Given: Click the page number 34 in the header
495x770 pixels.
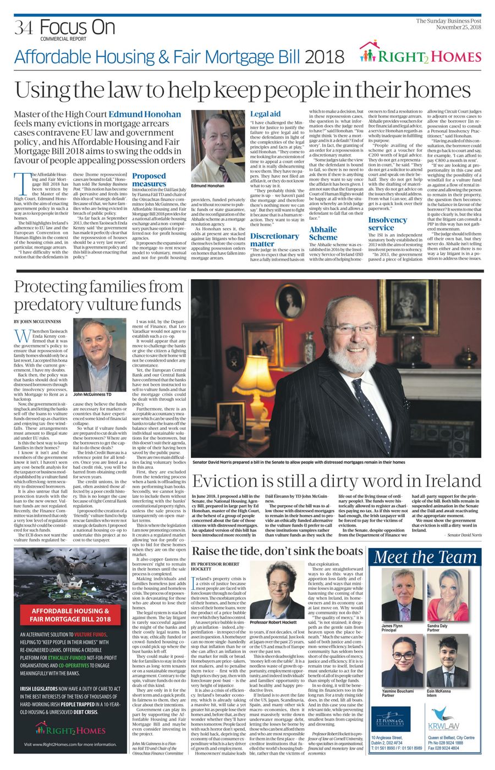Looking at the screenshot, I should coord(25,27).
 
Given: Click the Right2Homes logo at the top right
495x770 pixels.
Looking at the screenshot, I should coord(420,54).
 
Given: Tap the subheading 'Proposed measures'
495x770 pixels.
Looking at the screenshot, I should coord(149,180).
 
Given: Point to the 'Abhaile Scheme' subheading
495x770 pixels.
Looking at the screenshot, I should coord(323,233).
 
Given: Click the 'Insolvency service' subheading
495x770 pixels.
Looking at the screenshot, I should coord(388,224).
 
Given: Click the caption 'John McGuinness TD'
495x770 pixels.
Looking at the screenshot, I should coord(92,394).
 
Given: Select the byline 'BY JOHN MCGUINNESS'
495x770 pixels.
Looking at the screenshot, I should coord(37,321).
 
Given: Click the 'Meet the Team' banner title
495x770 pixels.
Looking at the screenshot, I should coord(426,557).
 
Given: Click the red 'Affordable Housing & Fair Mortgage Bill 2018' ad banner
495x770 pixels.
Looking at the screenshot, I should coord(70,614).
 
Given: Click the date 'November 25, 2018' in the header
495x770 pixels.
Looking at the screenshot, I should coord(459,27).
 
